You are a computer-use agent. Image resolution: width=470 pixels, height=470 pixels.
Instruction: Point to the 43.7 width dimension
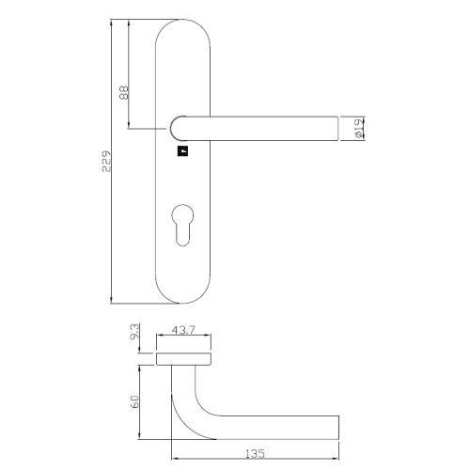[x=184, y=331]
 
